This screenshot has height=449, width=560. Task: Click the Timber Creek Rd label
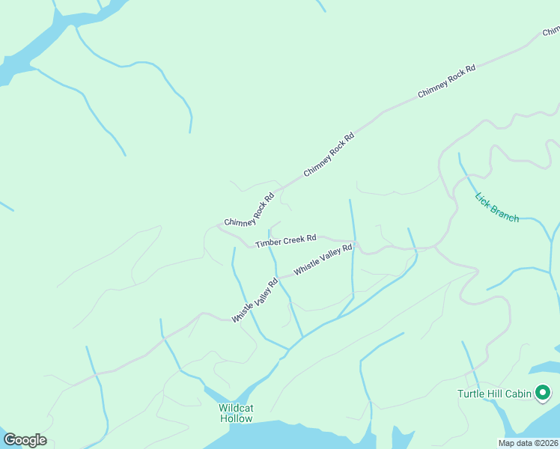pos(285,241)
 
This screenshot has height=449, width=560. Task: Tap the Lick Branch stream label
pos(496,207)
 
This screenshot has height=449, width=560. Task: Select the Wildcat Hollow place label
pos(236,413)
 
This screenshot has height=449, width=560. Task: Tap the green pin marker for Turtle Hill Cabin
pos(542,392)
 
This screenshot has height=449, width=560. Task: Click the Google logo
pos(25,440)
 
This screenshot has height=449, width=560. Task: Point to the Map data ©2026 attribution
pos(528,443)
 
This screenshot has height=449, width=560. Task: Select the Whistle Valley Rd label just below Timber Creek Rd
pos(323,259)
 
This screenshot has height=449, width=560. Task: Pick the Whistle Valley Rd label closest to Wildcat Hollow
pos(255,300)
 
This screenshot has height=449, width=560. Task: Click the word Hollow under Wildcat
pos(236,418)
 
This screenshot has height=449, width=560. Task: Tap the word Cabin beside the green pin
pos(516,394)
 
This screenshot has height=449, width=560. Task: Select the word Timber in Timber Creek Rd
pos(267,243)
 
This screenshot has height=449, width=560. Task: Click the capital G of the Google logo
pos(10,440)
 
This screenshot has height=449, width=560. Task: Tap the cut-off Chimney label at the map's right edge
pos(551,31)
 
